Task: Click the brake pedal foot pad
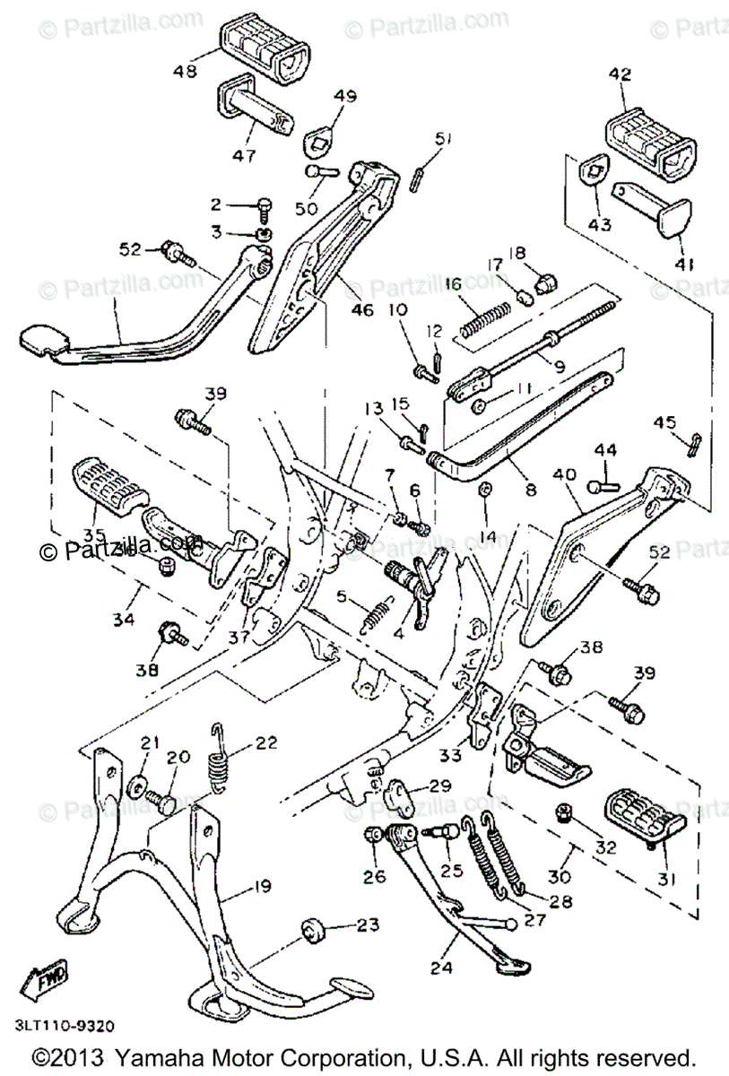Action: point(43,341)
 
